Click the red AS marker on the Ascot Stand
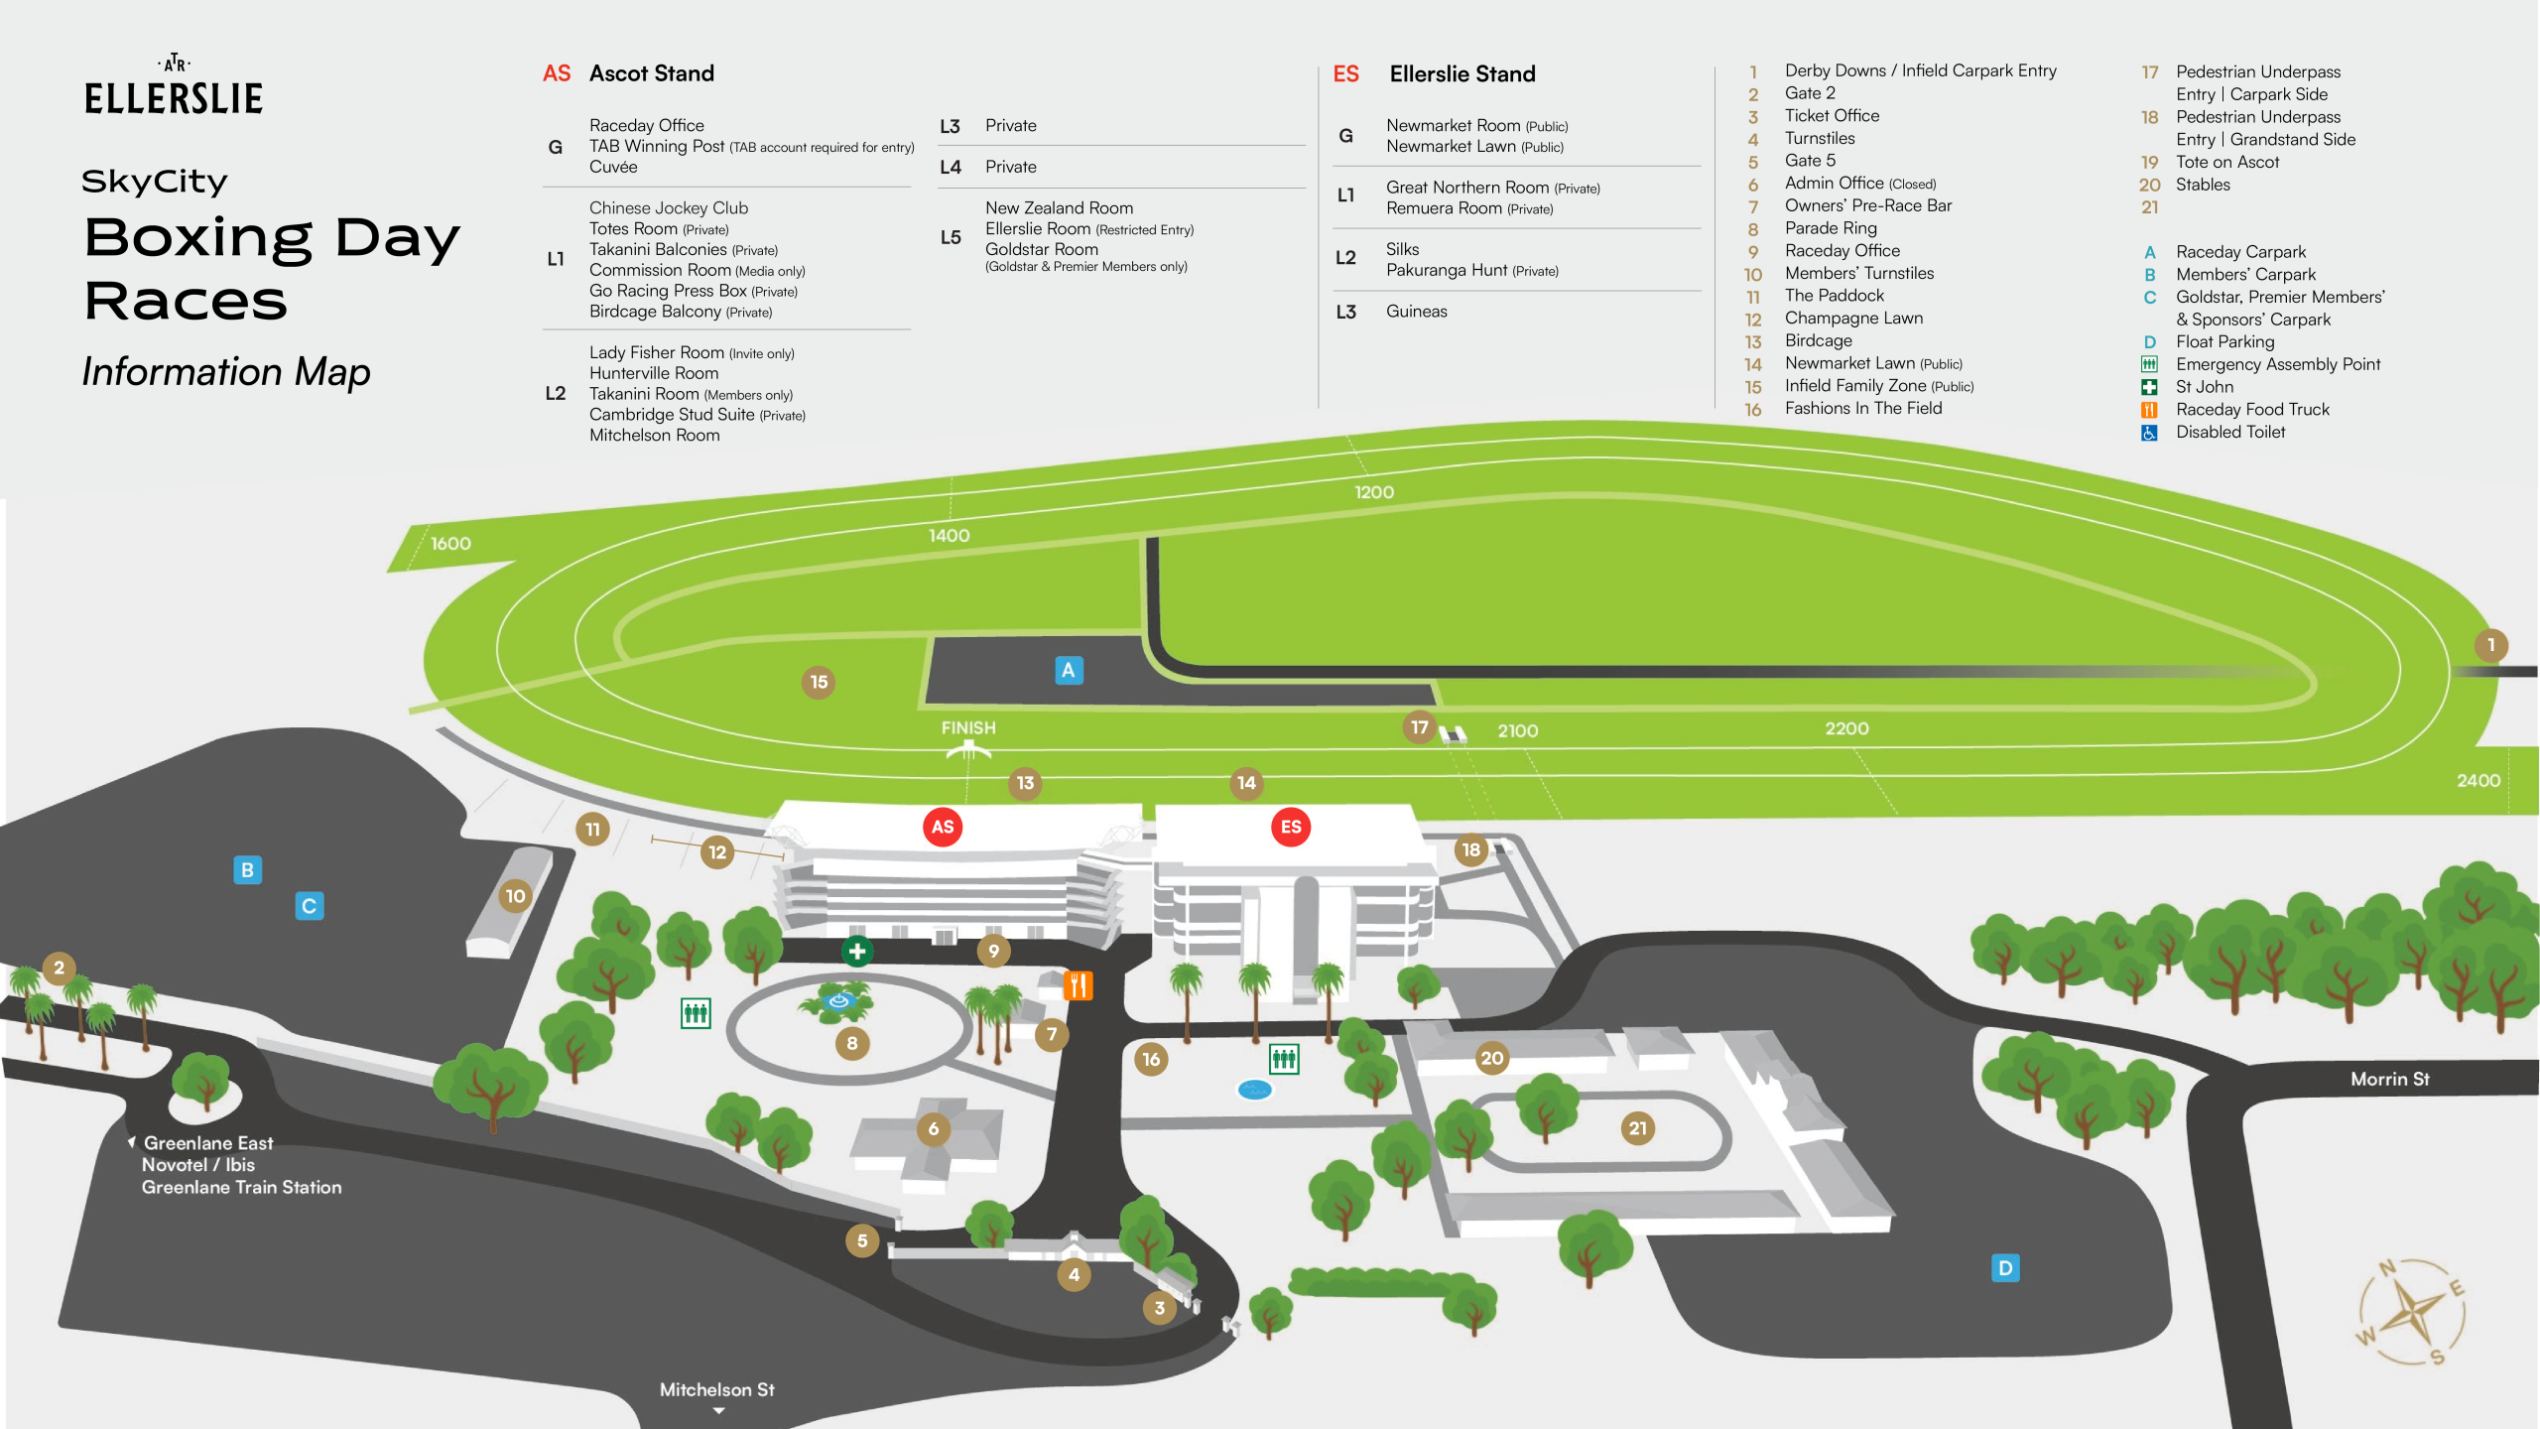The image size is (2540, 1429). coord(943,827)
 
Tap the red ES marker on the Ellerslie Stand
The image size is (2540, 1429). coord(1291,827)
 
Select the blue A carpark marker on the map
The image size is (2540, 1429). coord(1068,670)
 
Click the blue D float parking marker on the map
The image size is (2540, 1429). coord(2005,1268)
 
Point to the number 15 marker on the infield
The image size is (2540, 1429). coord(819,682)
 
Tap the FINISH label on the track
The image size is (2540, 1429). coord(968,727)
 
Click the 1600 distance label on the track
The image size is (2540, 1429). coord(450,544)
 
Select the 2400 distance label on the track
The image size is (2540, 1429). coord(2477,781)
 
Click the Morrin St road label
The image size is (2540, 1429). coord(2389,1079)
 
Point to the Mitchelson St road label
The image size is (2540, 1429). coord(716,1389)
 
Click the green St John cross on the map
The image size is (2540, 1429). coord(857,951)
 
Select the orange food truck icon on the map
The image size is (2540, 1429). coord(1078,985)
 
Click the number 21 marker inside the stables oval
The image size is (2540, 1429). coord(1637,1128)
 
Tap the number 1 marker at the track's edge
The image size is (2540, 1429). coord(2490,645)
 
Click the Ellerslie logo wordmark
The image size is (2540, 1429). coord(174,97)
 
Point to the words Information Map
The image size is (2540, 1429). coord(226,371)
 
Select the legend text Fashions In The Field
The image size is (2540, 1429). coord(1862,408)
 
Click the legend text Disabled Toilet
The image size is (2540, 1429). coord(2229,432)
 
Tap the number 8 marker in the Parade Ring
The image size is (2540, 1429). coord(851,1043)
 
